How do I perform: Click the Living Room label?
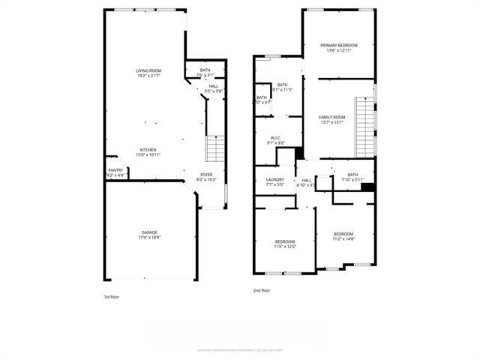coord(148,70)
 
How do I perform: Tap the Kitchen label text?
coord(148,149)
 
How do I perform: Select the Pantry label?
coord(115,170)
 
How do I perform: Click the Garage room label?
coord(148,232)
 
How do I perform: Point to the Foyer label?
coord(206,175)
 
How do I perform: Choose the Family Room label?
coord(331,117)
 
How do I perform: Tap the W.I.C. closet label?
coord(275,139)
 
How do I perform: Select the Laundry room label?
coord(274,179)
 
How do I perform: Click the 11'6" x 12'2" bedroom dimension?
coord(284,246)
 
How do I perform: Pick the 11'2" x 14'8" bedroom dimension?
coord(343,238)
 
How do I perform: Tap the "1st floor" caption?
coord(111,297)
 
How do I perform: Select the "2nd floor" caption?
coord(261,289)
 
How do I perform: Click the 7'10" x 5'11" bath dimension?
coord(352,179)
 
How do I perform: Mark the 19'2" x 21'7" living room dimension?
coord(148,75)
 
